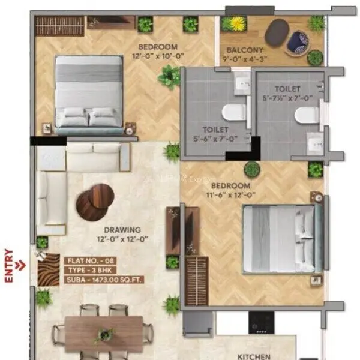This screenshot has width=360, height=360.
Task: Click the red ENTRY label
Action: click(8, 265)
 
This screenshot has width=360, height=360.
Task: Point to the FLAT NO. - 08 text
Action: click(90, 260)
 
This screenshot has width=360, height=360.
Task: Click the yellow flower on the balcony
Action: click(235, 24)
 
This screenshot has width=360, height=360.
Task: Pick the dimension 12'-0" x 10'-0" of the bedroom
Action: click(158, 56)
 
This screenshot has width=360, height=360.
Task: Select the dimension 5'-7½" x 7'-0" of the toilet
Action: click(286, 98)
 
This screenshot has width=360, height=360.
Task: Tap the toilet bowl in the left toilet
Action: click(233, 112)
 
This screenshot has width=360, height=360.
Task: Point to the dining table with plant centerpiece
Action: click(104, 334)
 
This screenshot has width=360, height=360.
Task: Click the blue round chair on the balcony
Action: click(296, 41)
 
